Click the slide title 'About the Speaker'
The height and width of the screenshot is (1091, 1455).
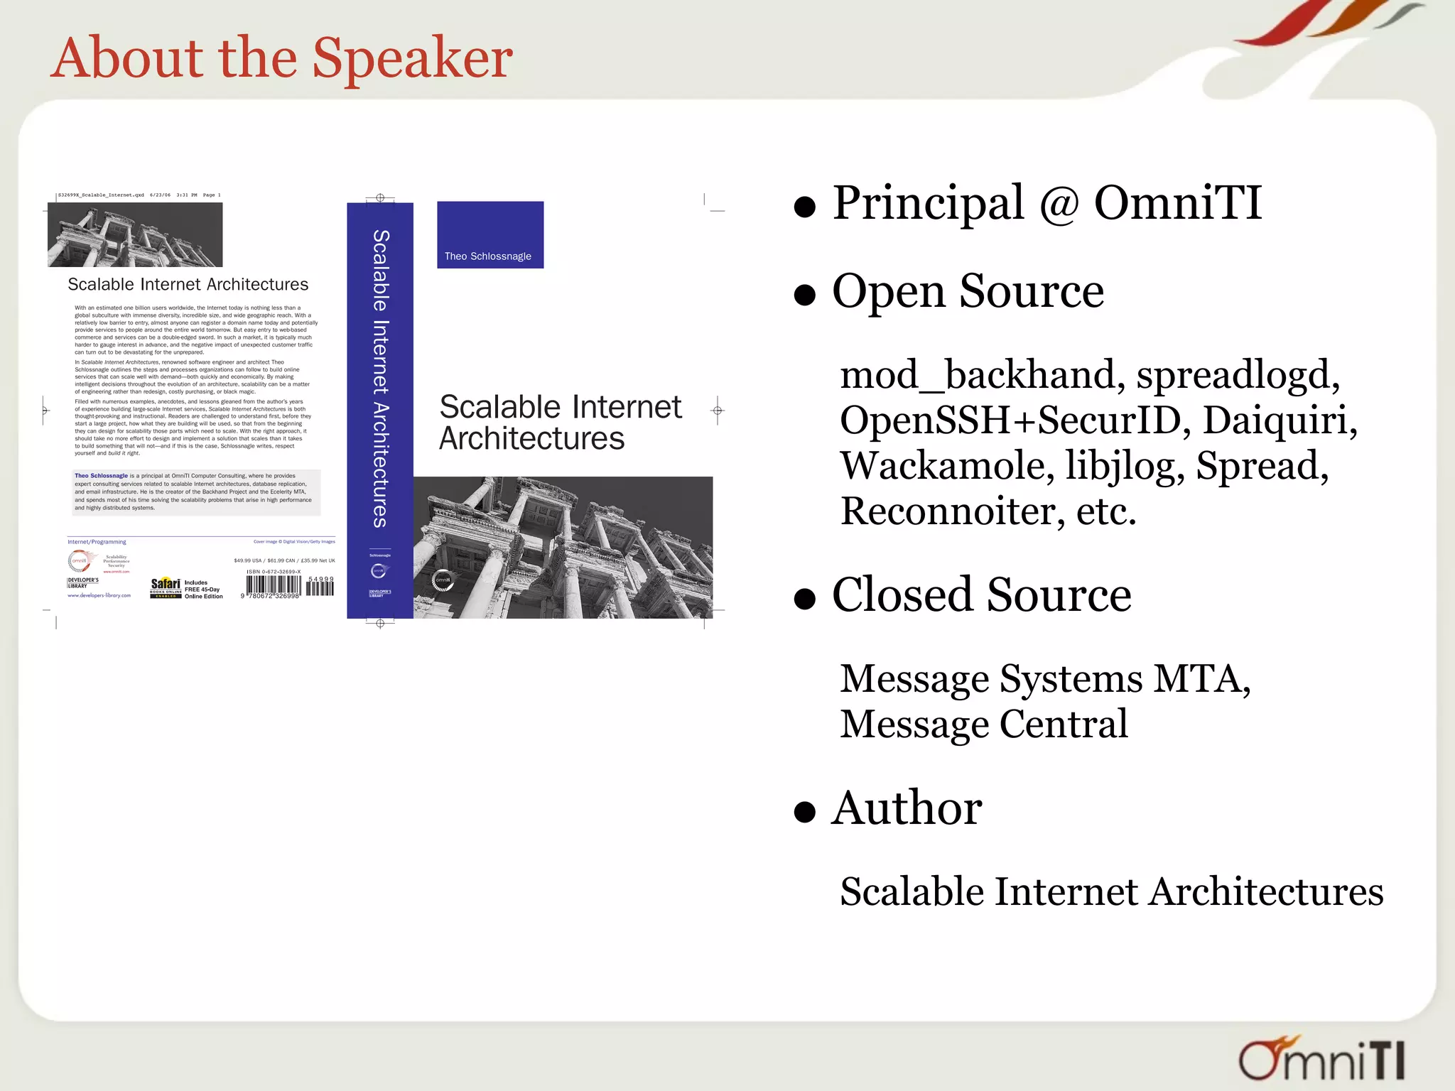(x=282, y=58)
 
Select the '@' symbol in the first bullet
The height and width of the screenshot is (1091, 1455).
(x=1059, y=205)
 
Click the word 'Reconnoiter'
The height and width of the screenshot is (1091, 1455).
(x=952, y=511)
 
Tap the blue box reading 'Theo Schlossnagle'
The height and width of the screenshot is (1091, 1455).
(x=490, y=235)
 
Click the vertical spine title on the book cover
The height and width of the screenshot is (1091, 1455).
(x=380, y=378)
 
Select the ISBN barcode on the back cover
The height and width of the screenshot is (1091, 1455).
(x=274, y=586)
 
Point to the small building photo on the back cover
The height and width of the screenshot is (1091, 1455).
(x=135, y=235)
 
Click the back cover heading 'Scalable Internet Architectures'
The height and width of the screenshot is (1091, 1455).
(x=188, y=285)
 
